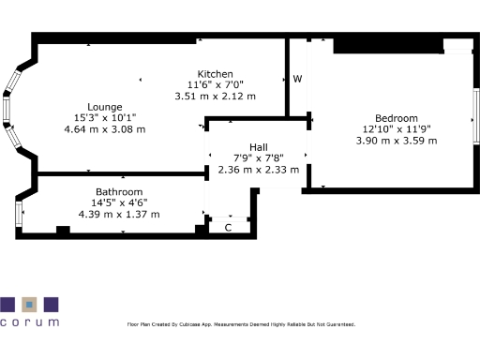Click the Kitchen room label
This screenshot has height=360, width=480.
215,74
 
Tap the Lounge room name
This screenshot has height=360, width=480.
105,106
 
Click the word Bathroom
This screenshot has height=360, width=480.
119,191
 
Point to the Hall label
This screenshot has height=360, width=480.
258,148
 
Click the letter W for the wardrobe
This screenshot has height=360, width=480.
297,79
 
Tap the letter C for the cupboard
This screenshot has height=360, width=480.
228,227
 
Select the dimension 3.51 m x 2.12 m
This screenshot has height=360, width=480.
215,96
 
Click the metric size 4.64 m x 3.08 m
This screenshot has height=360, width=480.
105,128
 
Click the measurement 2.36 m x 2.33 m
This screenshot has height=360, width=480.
258,170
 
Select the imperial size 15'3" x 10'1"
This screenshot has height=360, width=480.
105,117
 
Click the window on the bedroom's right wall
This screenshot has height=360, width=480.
475,113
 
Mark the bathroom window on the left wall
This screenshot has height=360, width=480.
18,213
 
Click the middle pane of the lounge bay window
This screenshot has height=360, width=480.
7,109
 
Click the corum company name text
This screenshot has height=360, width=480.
29,322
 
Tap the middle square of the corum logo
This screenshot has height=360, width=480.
30,304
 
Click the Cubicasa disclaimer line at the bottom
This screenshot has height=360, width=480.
241,324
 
